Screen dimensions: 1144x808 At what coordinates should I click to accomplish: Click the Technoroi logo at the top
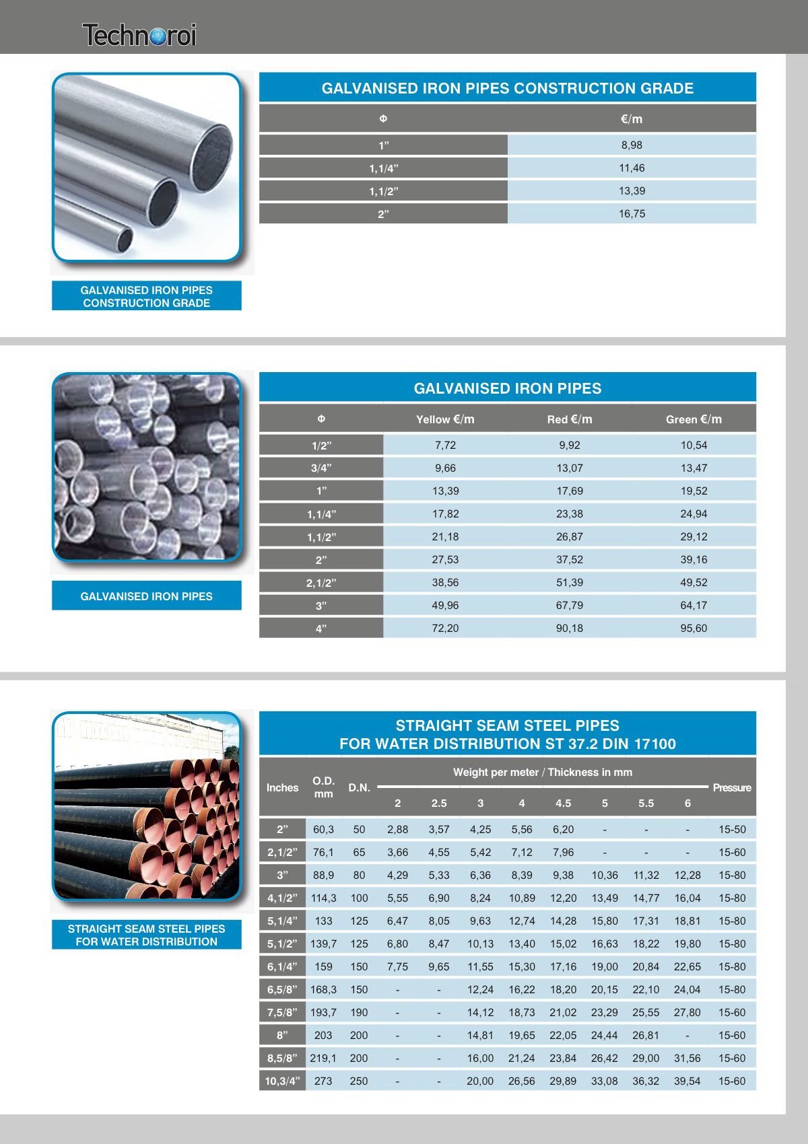click(139, 35)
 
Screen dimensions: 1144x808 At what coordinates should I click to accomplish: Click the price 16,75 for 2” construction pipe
click(632, 214)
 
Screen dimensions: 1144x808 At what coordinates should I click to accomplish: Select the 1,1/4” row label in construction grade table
click(383, 168)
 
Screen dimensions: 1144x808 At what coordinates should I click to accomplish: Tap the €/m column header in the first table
click(632, 119)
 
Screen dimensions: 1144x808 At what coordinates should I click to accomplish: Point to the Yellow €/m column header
click(445, 419)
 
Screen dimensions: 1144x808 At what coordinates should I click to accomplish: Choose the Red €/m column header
click(570, 419)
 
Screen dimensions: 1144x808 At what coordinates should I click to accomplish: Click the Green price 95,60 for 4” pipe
click(694, 628)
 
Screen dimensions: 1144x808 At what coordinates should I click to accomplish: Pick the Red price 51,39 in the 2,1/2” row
click(570, 582)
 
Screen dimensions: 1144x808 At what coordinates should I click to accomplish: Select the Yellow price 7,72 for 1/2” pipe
click(445, 445)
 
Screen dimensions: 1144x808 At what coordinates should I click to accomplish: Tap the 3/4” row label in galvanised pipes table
click(321, 468)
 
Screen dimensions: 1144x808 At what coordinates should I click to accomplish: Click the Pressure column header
click(732, 787)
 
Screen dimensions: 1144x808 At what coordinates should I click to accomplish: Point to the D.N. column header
click(359, 787)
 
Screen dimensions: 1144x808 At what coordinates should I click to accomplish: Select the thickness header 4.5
click(563, 803)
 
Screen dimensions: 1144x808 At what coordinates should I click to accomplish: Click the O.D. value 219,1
click(323, 1058)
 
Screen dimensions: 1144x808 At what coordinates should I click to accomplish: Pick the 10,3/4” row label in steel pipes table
click(282, 1081)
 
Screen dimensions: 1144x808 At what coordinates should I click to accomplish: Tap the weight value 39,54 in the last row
click(687, 1081)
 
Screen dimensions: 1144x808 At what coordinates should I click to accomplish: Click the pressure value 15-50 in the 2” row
click(732, 829)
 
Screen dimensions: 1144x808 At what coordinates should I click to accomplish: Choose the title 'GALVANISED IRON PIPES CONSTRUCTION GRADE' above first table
click(508, 88)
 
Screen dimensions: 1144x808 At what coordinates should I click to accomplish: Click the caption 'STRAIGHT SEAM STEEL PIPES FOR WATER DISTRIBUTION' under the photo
click(146, 935)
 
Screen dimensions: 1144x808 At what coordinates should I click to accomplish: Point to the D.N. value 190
click(359, 1012)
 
